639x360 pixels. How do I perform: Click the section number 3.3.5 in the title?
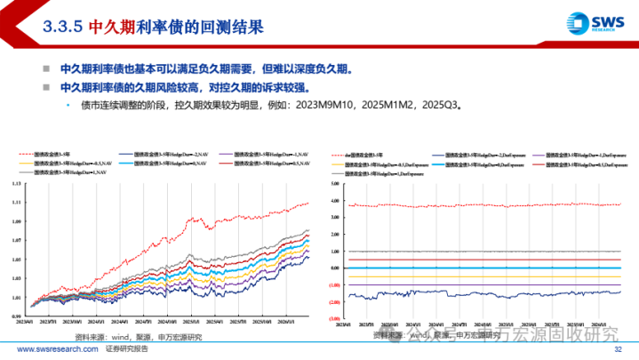pyautogui.click(x=63, y=26)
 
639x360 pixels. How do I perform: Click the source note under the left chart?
pyautogui.click(x=138, y=337)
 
